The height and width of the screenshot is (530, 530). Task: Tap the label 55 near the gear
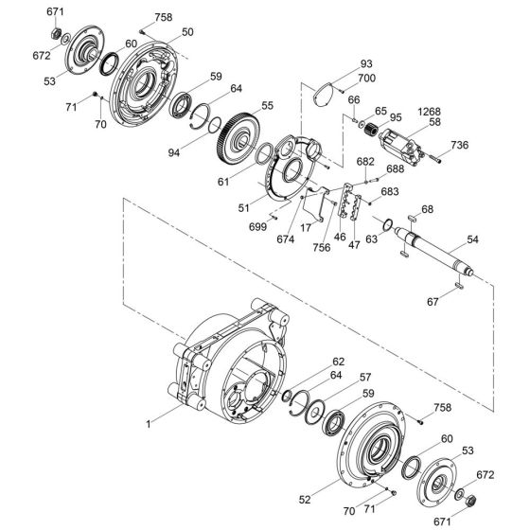(268, 105)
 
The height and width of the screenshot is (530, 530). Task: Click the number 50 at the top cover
(187, 32)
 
